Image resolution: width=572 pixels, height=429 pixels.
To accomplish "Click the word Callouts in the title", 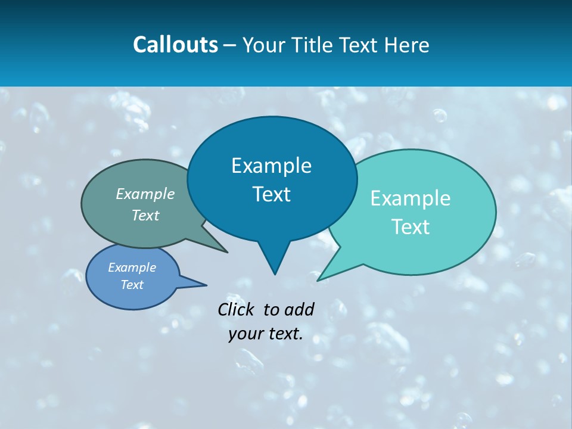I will [175, 45].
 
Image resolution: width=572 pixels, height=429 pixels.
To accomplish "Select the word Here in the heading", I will [407, 45].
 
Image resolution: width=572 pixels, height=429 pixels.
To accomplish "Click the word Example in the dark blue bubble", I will [271, 166].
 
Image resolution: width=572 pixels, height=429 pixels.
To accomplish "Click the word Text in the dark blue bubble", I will [271, 194].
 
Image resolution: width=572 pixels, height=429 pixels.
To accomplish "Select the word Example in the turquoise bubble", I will [411, 198].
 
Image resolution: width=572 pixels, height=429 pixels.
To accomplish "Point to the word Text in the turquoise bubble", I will [411, 227].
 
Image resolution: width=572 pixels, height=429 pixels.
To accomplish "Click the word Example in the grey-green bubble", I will [145, 194].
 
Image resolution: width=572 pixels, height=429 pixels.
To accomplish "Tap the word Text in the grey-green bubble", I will [145, 215].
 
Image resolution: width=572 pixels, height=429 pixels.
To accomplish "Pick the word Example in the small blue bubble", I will [132, 268].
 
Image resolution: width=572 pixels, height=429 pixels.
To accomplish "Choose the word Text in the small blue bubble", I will [132, 285].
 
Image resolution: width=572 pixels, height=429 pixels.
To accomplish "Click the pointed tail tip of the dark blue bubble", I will [275, 274].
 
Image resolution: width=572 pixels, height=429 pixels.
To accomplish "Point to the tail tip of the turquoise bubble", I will [318, 280].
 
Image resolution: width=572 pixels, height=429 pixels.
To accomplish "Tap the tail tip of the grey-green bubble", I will [227, 253].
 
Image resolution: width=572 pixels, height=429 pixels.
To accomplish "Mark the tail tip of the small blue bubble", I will [206, 285].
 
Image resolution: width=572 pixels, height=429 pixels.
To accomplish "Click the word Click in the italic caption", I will [236, 309].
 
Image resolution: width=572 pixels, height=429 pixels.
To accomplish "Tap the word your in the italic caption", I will [245, 334].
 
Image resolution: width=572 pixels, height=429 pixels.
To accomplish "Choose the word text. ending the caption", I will [284, 334].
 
